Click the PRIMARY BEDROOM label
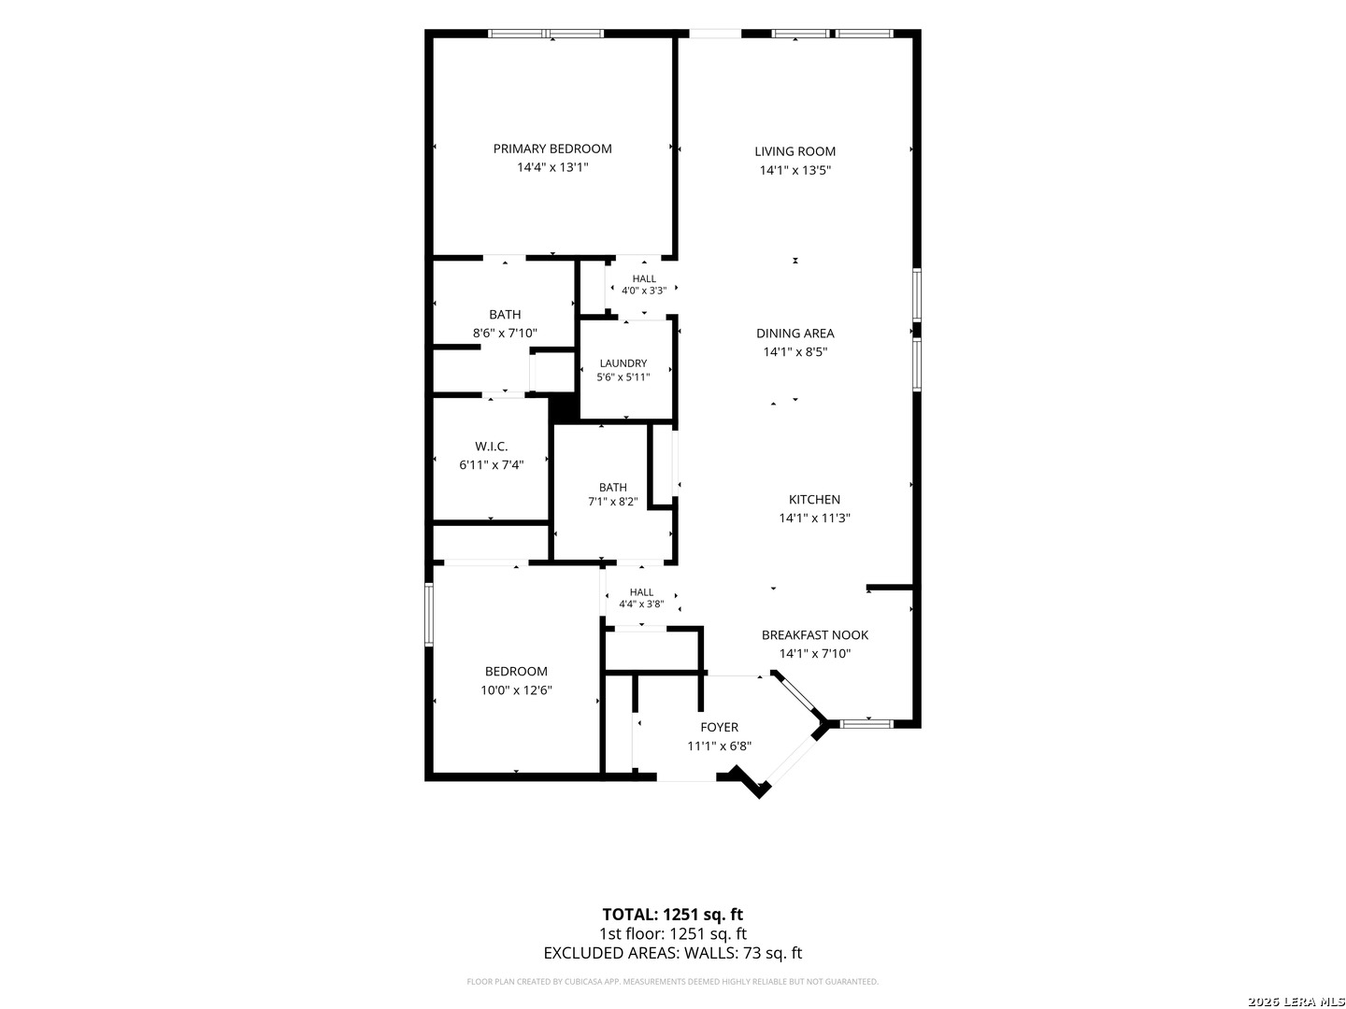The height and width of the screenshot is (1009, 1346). (x=551, y=149)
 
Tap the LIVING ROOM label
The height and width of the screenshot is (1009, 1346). (x=795, y=151)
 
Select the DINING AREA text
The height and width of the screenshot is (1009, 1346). (x=795, y=334)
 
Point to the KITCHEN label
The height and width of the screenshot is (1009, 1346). (x=814, y=499)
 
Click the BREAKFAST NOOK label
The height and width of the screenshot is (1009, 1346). (x=814, y=634)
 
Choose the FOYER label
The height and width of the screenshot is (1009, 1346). (x=720, y=727)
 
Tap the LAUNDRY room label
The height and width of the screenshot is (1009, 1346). (x=623, y=363)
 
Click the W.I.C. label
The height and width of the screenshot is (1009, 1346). (x=491, y=447)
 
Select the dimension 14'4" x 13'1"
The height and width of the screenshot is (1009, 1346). (x=552, y=167)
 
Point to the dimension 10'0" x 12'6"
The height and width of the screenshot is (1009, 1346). (x=516, y=690)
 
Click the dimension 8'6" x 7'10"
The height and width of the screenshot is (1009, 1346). (x=505, y=334)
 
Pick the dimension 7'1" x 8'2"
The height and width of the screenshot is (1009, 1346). (x=612, y=502)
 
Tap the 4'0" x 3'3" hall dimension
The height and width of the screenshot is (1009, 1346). (x=644, y=291)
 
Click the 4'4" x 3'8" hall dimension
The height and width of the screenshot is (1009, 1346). (x=641, y=604)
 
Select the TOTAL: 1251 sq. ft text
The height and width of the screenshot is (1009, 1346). (x=672, y=915)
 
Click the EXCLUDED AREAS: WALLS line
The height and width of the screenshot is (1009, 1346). (x=672, y=953)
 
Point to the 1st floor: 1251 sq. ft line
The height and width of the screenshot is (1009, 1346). (x=672, y=934)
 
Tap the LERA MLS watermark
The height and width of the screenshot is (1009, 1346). (x=1296, y=1002)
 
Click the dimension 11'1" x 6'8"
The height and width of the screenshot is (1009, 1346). (x=720, y=746)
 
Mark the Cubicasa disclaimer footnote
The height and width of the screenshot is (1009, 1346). (x=672, y=981)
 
